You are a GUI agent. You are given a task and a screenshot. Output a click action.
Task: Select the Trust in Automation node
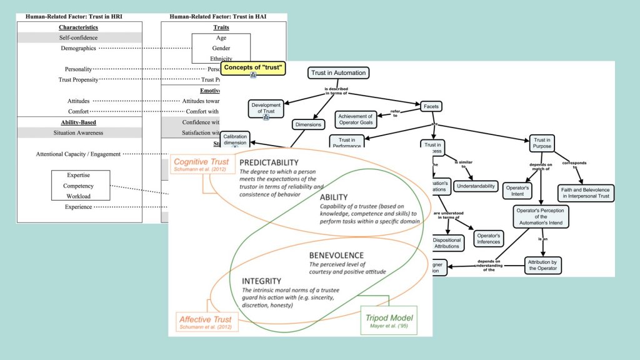click(337, 73)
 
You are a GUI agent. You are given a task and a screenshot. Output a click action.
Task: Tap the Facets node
click(433, 106)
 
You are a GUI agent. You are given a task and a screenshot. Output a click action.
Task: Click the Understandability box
click(476, 186)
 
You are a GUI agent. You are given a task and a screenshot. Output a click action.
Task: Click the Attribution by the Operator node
click(544, 264)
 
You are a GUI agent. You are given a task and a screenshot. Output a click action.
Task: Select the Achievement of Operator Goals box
click(356, 119)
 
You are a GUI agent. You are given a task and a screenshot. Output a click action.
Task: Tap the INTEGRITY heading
click(261, 282)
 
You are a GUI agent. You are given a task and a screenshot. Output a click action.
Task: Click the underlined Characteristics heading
click(79, 27)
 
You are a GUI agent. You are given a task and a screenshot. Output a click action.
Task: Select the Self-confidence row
click(79, 38)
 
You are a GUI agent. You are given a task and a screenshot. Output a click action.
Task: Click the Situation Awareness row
click(79, 132)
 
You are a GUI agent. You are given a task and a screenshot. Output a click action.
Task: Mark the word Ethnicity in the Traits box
click(221, 59)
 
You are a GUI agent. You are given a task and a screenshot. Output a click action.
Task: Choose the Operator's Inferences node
click(488, 239)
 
